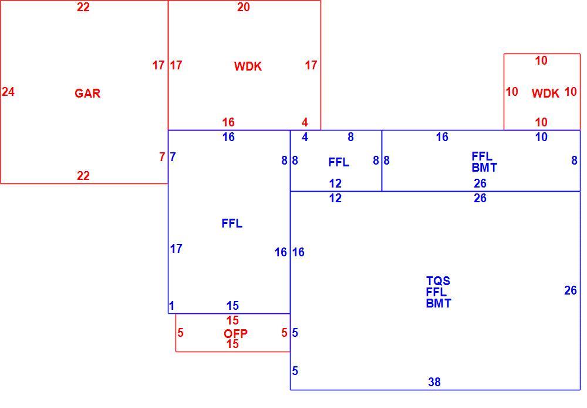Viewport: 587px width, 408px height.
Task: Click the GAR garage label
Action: pos(87,93)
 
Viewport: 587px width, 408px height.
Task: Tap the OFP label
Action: pos(235,333)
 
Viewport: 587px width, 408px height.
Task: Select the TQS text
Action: pos(438,280)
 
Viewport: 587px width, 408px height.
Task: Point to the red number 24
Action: pos(8,92)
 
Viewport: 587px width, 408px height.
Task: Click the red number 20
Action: pos(244,6)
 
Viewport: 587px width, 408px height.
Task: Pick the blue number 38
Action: pos(434,382)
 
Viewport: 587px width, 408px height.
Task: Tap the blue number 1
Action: pos(171,306)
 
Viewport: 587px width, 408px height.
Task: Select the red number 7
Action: pos(162,157)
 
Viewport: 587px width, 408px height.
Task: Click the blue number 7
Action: pos(173,157)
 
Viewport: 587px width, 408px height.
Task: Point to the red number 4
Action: pos(305,122)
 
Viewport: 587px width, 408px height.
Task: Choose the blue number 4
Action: pos(305,137)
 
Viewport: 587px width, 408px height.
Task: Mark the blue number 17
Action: pos(176,248)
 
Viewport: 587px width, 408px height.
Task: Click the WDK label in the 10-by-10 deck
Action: pos(545,93)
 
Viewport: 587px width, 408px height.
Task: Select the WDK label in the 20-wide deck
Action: pos(248,66)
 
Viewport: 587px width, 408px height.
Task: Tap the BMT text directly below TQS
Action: pos(438,303)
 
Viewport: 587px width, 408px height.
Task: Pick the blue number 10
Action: pos(541,137)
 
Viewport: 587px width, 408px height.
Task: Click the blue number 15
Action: pos(232,306)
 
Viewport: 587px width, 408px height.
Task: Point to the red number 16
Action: pos(228,122)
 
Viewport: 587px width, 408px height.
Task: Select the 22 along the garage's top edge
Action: pos(83,6)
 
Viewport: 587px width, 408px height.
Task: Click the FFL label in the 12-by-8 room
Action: pos(339,162)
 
